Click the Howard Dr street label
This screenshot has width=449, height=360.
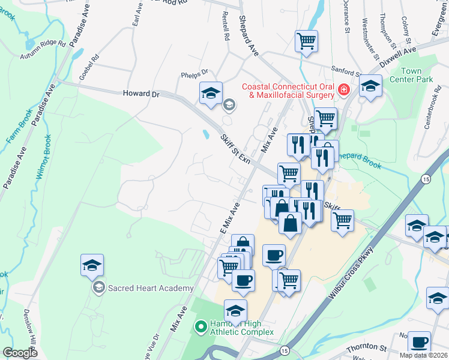141,94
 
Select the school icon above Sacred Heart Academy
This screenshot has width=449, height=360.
92,265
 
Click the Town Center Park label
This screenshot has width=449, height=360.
411,75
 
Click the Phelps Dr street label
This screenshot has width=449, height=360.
194,74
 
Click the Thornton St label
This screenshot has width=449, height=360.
367,348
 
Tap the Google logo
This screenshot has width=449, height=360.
20,353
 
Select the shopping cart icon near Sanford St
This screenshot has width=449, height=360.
306,41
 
